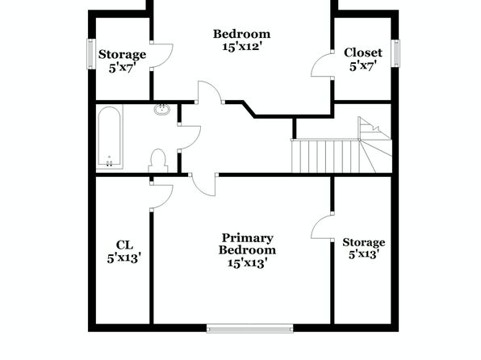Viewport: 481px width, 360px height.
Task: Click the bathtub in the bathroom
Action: click(x=110, y=137)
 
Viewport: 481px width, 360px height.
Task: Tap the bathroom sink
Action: click(x=162, y=109)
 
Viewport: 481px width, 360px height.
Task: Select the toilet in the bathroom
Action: click(x=158, y=161)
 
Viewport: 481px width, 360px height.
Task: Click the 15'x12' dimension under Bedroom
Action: click(x=242, y=47)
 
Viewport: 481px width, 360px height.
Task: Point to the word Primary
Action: click(x=247, y=238)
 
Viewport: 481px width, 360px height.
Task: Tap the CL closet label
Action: click(x=124, y=245)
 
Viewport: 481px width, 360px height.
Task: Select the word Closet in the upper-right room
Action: click(x=363, y=52)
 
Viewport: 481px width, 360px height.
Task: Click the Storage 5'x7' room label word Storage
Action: click(x=122, y=55)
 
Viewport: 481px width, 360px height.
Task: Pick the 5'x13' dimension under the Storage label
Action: click(x=363, y=254)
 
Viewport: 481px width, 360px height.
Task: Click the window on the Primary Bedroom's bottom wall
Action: click(x=249, y=329)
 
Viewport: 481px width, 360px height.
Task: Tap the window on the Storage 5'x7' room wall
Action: click(x=91, y=54)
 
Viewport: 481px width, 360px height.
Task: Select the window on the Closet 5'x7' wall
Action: click(x=396, y=53)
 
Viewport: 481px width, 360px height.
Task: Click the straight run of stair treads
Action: click(x=325, y=157)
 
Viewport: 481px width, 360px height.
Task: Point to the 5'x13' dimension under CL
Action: click(x=124, y=258)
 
